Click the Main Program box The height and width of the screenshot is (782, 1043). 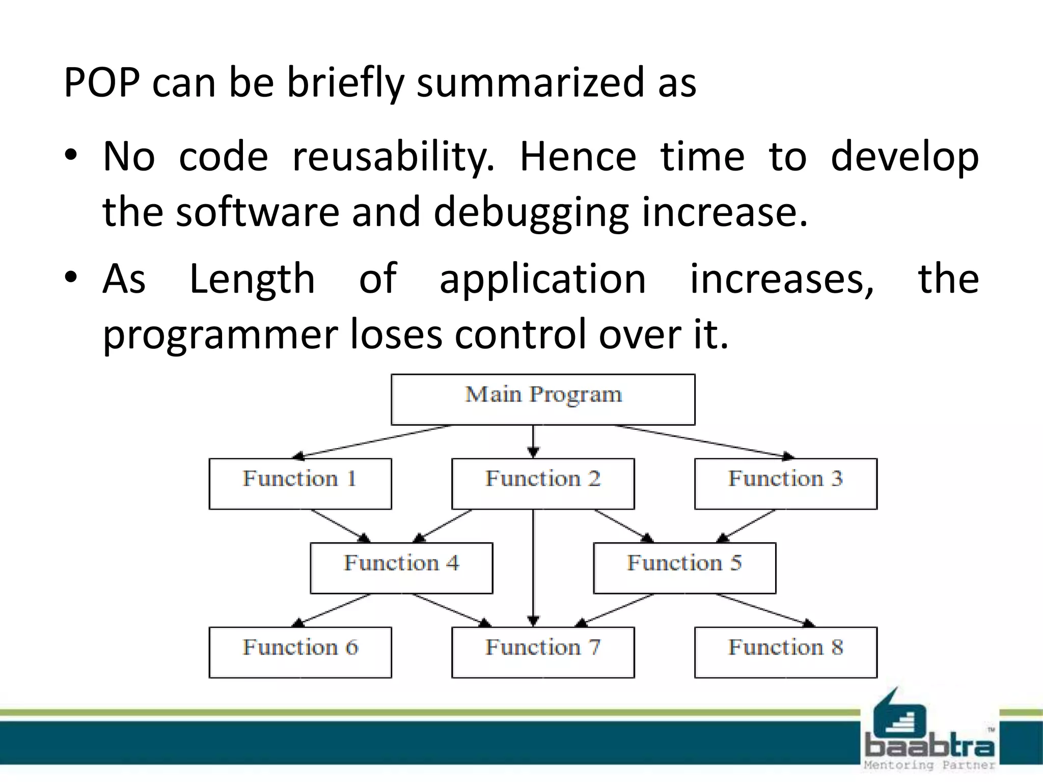(x=543, y=400)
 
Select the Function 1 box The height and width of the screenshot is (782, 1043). (x=300, y=484)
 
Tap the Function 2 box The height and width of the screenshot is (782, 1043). (x=543, y=484)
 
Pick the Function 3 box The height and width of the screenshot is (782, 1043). (x=785, y=484)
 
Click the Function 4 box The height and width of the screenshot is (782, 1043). (x=401, y=568)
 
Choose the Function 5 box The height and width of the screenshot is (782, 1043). (x=684, y=568)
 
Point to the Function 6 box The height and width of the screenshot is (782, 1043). (x=300, y=652)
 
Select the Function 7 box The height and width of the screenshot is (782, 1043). (x=543, y=652)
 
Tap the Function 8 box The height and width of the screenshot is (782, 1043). (x=785, y=652)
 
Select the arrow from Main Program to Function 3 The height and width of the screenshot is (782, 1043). (x=705, y=441)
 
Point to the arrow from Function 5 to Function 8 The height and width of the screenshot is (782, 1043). (x=764, y=609)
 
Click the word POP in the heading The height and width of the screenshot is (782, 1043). (x=102, y=83)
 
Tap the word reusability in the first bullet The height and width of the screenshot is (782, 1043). (x=393, y=157)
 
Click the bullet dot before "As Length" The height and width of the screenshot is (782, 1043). (x=71, y=277)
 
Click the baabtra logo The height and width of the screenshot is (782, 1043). (x=928, y=733)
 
